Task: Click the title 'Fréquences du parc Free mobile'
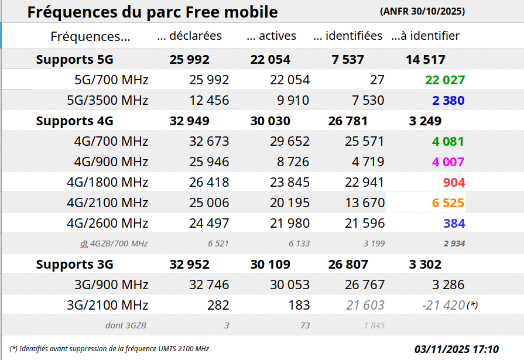pyautogui.click(x=152, y=12)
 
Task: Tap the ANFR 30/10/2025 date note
pyautogui.click(x=423, y=11)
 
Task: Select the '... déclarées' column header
pyautogui.click(x=190, y=36)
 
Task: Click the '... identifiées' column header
pyautogui.click(x=348, y=36)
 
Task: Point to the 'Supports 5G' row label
pyautogui.click(x=74, y=59)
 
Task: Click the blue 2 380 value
pyautogui.click(x=448, y=101)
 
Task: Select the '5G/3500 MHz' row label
pyautogui.click(x=111, y=101)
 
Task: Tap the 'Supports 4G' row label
pyautogui.click(x=74, y=121)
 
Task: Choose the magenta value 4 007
pyautogui.click(x=448, y=162)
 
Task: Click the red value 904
pyautogui.click(x=454, y=183)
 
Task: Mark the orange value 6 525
pyautogui.click(x=448, y=203)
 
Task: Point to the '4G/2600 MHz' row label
pyautogui.click(x=107, y=223)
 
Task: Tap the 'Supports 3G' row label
pyautogui.click(x=74, y=265)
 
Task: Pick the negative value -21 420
pyautogui.click(x=443, y=305)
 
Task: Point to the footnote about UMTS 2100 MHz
pyautogui.click(x=109, y=348)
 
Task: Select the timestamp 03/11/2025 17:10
pyautogui.click(x=457, y=349)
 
